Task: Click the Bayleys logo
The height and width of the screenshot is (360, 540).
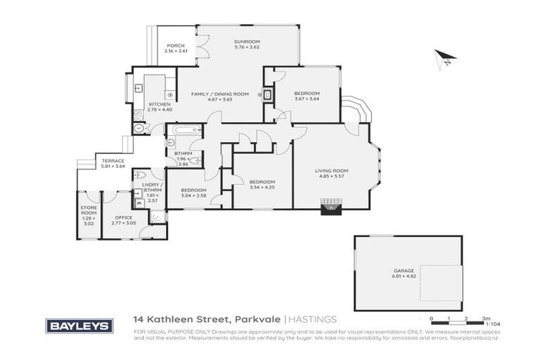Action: [79, 326]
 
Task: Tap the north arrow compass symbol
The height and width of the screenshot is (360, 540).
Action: [444, 58]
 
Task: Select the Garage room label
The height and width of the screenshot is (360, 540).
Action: [404, 271]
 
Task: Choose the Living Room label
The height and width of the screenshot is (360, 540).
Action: [331, 171]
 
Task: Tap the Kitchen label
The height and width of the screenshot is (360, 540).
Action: [159, 104]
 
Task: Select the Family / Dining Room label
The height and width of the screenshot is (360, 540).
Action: [219, 94]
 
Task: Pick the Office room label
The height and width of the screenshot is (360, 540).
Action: [124, 218]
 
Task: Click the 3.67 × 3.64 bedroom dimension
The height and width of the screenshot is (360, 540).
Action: [307, 99]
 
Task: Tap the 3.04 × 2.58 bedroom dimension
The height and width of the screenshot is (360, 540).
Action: [193, 195]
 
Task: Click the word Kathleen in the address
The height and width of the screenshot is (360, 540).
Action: [169, 319]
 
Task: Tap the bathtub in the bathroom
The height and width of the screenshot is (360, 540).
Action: [185, 130]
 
